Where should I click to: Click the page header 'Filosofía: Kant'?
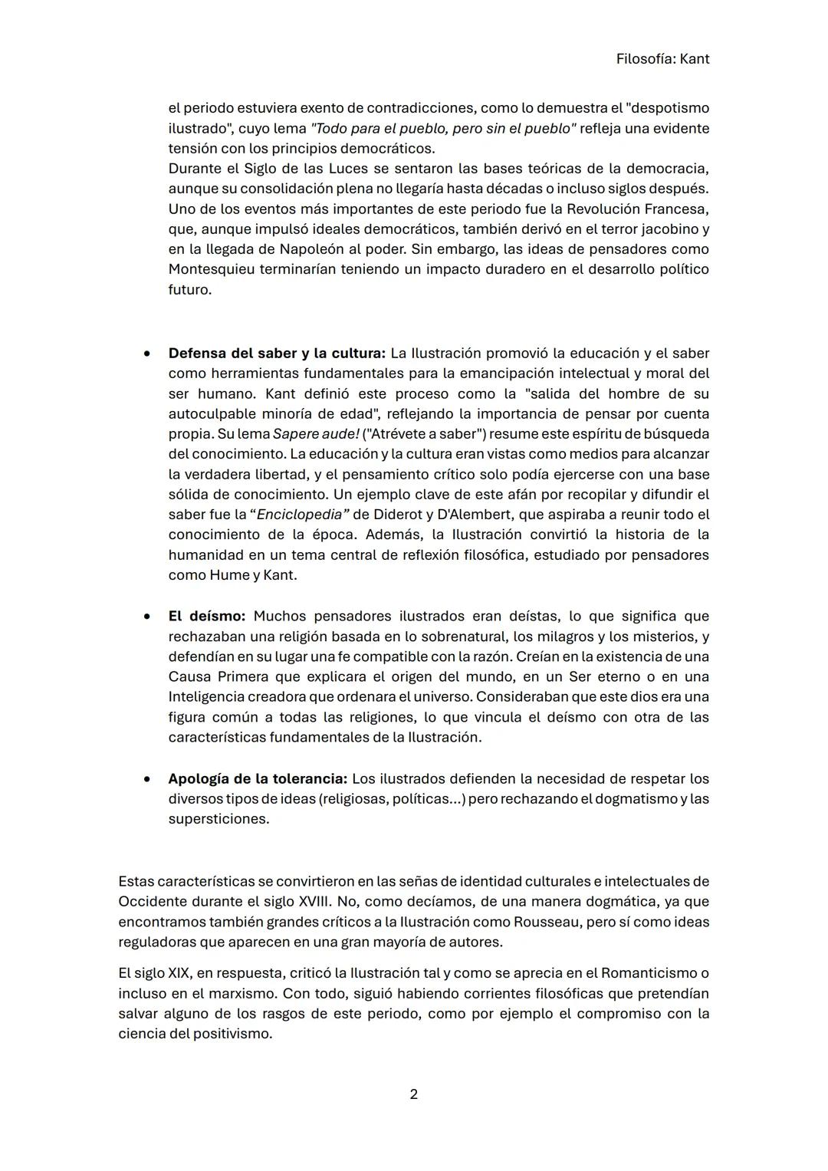click(x=662, y=59)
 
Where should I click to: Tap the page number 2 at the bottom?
click(x=414, y=1094)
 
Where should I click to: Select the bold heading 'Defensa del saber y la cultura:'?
click(x=277, y=354)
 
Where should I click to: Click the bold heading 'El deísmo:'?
click(x=207, y=617)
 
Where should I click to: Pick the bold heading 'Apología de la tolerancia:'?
click(x=258, y=779)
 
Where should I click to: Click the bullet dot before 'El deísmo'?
click(x=146, y=617)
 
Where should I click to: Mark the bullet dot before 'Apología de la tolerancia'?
click(x=146, y=779)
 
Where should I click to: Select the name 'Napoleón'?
click(x=291, y=249)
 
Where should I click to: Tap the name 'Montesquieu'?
click(x=212, y=269)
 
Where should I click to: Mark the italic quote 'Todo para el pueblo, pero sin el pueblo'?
click(x=443, y=129)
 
